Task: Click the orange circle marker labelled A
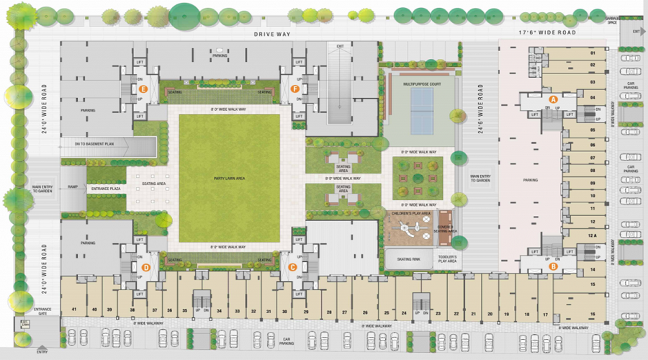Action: click(553, 98)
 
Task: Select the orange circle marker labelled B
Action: click(553, 266)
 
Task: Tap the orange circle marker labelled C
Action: click(293, 266)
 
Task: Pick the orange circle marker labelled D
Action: click(146, 268)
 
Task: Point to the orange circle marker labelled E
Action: click(144, 89)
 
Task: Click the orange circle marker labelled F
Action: click(294, 89)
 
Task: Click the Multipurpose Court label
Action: click(422, 84)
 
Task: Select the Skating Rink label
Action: click(408, 258)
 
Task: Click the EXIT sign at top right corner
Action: click(635, 32)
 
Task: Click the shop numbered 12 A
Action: click(593, 235)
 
